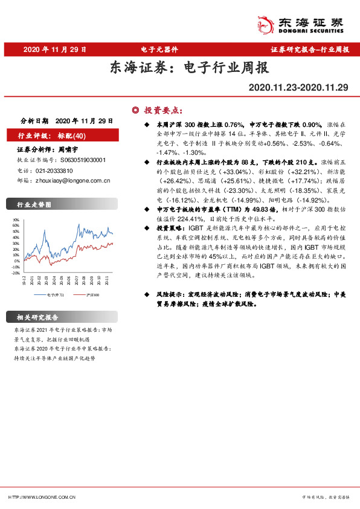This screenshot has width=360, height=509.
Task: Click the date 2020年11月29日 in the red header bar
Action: coord(54,50)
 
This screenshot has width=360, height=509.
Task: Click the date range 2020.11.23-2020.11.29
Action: coord(298,88)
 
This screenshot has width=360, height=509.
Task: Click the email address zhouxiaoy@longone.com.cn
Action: coord(72,180)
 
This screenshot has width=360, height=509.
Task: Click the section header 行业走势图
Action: coord(31,206)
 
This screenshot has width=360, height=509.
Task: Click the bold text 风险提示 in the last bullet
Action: coord(170,294)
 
